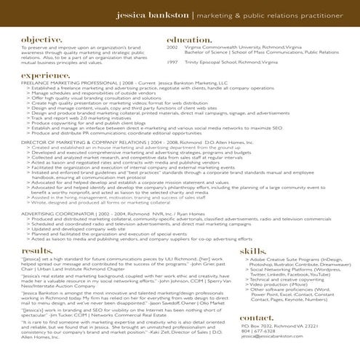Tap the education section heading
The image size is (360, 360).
(x=188, y=39)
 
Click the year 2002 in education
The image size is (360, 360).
(x=172, y=47)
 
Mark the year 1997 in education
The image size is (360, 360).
(x=172, y=62)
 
